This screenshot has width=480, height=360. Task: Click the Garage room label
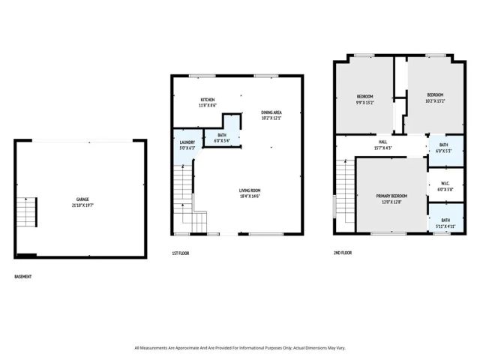(82, 199)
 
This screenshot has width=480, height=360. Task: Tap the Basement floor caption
(23, 277)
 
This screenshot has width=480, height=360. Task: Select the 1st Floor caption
(180, 253)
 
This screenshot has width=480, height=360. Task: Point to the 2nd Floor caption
(343, 253)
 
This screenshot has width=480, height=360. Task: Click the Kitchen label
(207, 100)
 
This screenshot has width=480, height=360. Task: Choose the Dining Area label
(271, 112)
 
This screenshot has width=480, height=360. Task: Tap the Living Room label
(250, 190)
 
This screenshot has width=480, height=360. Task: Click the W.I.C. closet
(443, 187)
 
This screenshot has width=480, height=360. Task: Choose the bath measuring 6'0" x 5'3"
(443, 148)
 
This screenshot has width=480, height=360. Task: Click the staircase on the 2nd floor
(344, 188)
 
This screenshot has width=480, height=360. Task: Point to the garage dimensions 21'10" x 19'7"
(82, 204)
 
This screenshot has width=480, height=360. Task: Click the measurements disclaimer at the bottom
(239, 348)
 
